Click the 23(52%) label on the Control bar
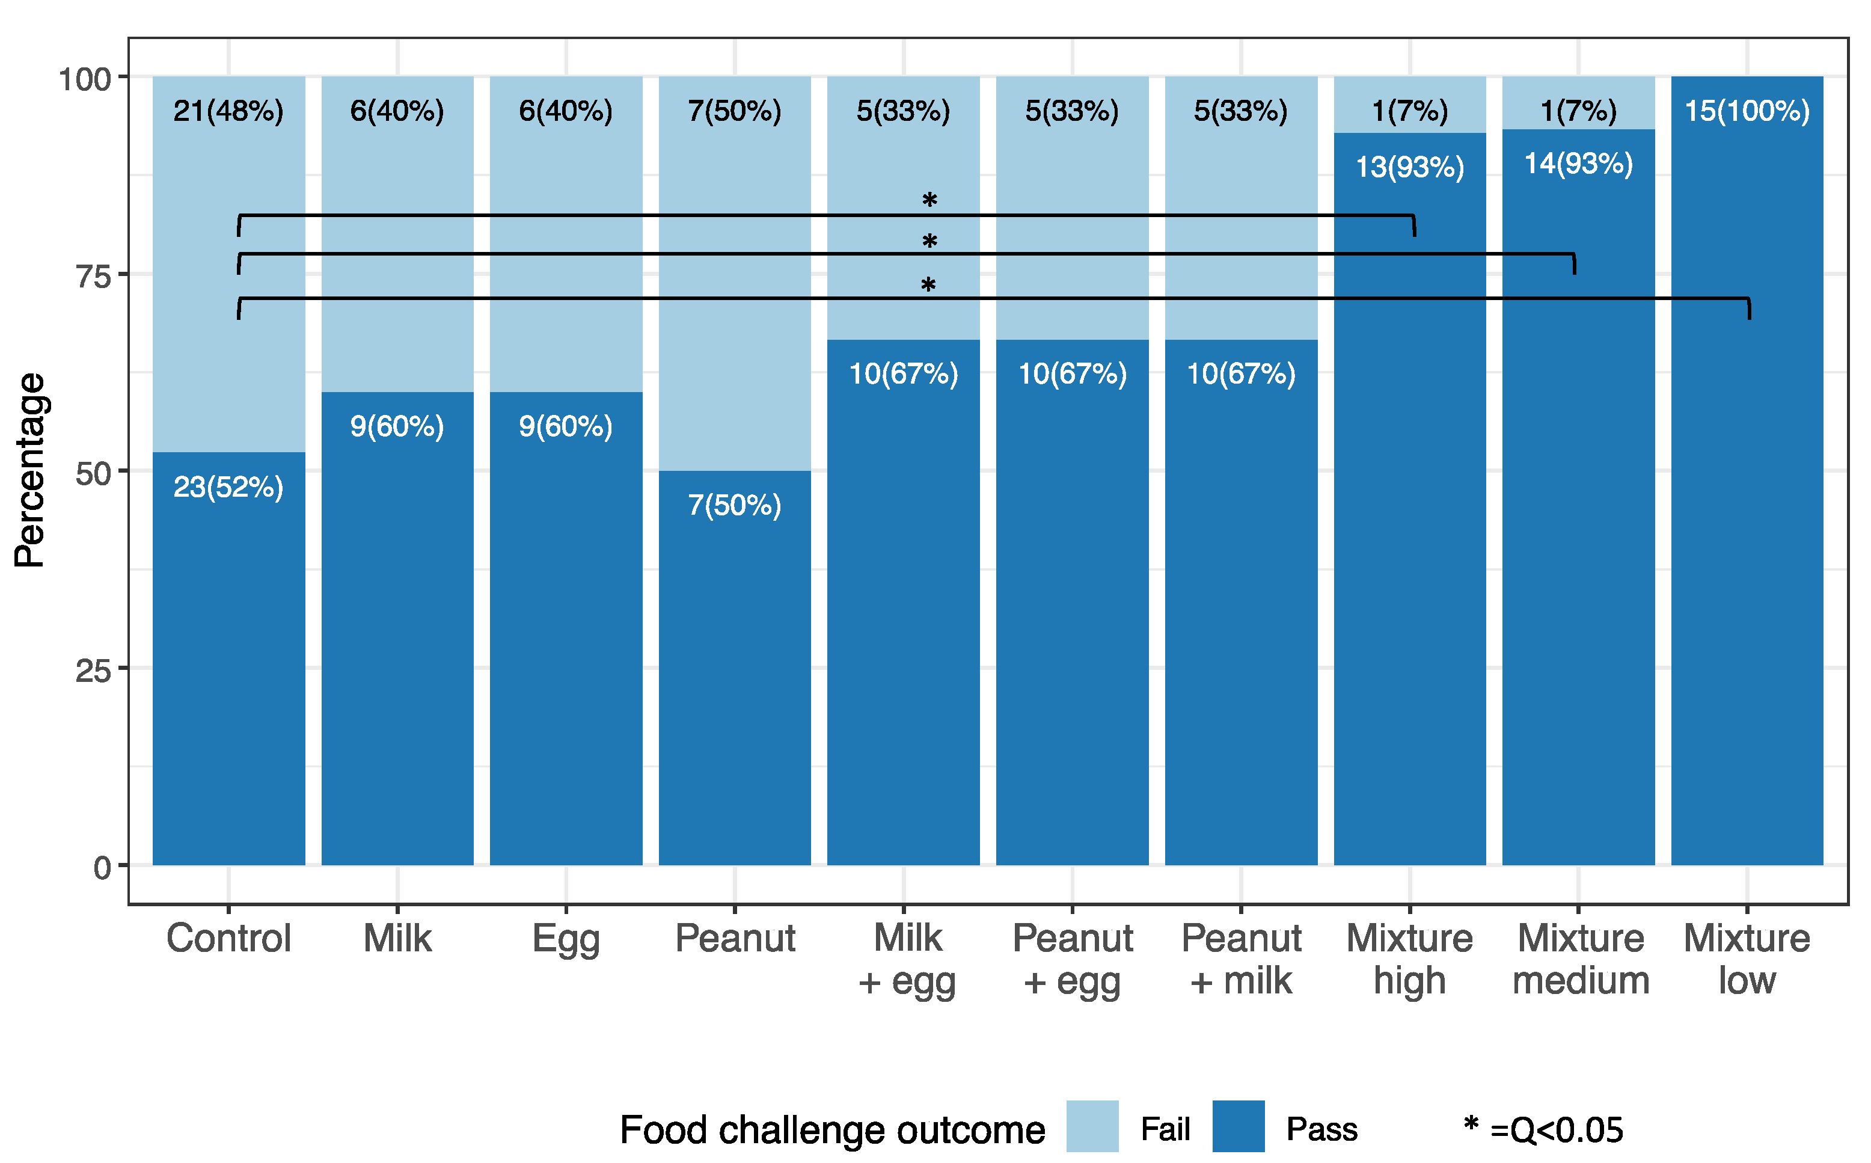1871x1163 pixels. (228, 487)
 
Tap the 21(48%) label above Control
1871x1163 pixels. (228, 111)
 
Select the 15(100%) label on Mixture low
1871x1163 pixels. (1747, 111)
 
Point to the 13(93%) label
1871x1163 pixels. (1410, 167)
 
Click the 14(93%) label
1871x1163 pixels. (1578, 163)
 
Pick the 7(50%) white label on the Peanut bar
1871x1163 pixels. (735, 505)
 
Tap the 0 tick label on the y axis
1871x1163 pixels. (102, 868)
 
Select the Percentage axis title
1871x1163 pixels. (31, 470)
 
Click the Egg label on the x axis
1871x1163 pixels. (566, 939)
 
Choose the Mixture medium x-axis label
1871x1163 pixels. (1581, 959)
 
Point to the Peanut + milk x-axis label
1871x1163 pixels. (1241, 959)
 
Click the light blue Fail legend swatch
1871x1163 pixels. (1092, 1126)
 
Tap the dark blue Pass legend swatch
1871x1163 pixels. (1238, 1126)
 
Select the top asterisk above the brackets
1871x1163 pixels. (929, 201)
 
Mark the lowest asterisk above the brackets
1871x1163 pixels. (928, 286)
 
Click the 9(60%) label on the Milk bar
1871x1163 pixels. (397, 426)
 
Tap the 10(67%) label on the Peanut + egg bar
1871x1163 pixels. (1072, 374)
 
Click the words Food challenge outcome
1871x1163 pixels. (832, 1130)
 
